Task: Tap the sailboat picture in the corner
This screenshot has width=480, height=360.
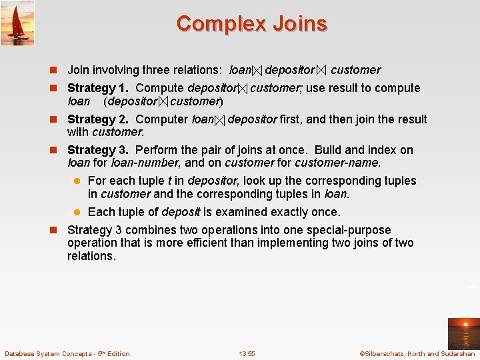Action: tap(17, 23)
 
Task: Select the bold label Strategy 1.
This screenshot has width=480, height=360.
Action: tap(99, 88)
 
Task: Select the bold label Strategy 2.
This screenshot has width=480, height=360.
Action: tap(99, 119)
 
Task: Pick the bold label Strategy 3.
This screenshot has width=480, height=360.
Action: tap(99, 150)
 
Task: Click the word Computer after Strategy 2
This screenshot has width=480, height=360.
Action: tap(161, 119)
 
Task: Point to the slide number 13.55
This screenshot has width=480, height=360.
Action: tap(247, 353)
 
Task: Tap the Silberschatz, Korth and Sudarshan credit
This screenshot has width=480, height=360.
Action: tap(417, 353)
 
